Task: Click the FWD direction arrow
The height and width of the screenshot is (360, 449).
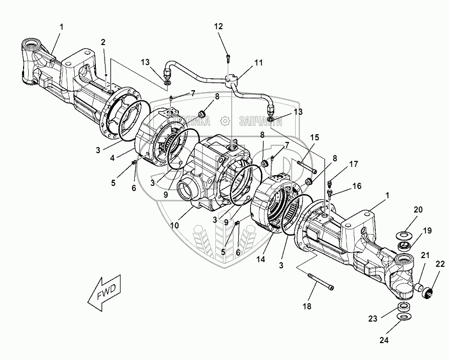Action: [x=104, y=293]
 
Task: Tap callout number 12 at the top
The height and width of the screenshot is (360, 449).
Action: [x=218, y=26]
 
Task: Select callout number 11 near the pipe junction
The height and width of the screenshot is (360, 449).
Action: [x=259, y=62]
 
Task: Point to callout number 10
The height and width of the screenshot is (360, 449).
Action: [x=174, y=225]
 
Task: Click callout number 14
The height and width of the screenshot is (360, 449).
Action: [x=261, y=259]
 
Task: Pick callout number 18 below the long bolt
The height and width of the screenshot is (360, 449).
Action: [x=307, y=306]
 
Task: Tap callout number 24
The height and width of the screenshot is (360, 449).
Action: [x=384, y=340]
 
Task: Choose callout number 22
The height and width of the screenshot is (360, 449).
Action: [x=440, y=264]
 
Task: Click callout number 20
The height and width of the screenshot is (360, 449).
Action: [x=418, y=210]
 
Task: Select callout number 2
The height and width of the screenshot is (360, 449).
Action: [x=103, y=43]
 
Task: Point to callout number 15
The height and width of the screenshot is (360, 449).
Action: [x=314, y=137]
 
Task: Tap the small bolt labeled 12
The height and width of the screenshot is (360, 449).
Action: [x=228, y=57]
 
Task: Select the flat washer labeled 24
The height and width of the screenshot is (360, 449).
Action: [x=404, y=317]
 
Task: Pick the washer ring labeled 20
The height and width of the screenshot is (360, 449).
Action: [x=403, y=235]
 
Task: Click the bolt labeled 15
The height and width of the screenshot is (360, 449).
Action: [x=307, y=167]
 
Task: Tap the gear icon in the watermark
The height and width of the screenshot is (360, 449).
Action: [x=224, y=121]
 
